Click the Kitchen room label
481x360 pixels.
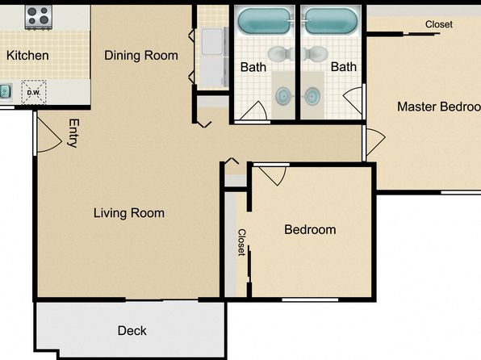click(x=27, y=56)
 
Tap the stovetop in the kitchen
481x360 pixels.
click(x=39, y=17)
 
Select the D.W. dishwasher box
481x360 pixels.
click(x=34, y=92)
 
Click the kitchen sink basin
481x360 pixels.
click(x=5, y=91)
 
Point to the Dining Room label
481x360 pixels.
click(x=141, y=56)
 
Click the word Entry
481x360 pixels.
click(x=73, y=133)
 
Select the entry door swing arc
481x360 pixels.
click(x=49, y=135)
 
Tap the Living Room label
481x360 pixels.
click(x=129, y=213)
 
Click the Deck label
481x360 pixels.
click(x=132, y=330)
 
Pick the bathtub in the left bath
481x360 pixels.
click(x=264, y=20)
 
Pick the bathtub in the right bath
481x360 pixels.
click(x=331, y=20)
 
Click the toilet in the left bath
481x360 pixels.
click(x=281, y=54)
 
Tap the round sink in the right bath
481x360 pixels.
click(x=312, y=96)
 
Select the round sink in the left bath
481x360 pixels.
click(x=284, y=96)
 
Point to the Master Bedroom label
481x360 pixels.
click(x=439, y=107)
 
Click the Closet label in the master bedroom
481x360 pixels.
click(x=439, y=24)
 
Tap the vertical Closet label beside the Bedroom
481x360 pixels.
click(x=242, y=242)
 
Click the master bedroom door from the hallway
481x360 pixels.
click(x=375, y=141)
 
